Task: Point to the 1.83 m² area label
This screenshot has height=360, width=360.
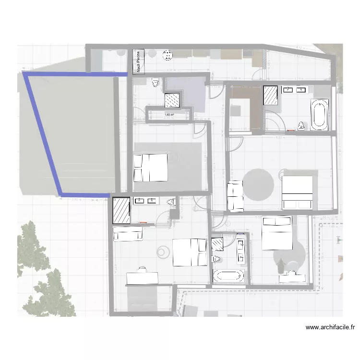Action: click(169, 115)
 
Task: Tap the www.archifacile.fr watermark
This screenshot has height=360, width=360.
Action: click(330, 327)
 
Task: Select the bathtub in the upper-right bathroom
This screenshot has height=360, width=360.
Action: click(319, 114)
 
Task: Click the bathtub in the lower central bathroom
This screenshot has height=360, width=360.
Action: click(229, 276)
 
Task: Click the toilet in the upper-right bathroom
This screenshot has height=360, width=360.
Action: click(301, 126)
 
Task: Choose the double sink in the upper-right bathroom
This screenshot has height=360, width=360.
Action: click(294, 90)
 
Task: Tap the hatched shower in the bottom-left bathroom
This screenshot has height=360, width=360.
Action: click(121, 210)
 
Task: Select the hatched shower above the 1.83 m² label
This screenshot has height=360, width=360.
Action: click(172, 100)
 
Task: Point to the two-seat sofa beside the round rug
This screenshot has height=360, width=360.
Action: click(235, 195)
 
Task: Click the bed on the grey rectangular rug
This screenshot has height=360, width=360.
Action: click(150, 167)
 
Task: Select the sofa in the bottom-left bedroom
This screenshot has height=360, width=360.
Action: click(128, 234)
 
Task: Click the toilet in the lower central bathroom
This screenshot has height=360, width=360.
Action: click(216, 259)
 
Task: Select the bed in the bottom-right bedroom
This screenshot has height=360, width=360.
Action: click(276, 233)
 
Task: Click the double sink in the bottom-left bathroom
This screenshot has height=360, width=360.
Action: click(146, 201)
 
